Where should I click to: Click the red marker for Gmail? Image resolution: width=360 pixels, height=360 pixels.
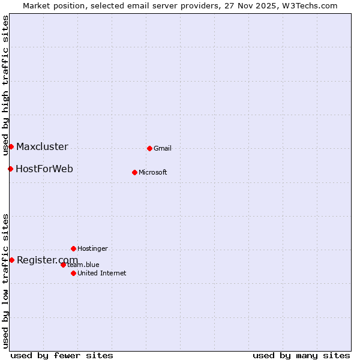149,148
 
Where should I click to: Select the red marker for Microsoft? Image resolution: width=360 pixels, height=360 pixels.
134,172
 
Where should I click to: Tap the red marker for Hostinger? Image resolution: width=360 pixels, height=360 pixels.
73,248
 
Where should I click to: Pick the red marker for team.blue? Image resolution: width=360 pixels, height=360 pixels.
63,265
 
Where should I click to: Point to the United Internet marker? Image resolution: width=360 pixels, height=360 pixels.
73,273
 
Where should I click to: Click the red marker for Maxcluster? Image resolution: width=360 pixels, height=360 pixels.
11,146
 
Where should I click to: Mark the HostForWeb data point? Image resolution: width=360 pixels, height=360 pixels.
10,169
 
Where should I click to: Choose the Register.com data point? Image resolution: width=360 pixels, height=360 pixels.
11,260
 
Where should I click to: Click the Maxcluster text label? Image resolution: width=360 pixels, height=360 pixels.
42,147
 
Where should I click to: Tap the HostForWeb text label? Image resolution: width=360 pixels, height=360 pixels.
44,169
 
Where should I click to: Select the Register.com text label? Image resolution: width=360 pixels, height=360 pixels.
47,260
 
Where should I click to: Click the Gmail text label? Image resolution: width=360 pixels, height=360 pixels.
163,149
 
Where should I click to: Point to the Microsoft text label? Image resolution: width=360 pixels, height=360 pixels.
153,173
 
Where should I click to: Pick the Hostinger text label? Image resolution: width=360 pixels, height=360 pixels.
92,249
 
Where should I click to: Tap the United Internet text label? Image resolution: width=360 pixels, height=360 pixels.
102,274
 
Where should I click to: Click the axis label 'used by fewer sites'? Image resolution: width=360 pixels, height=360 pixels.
62,355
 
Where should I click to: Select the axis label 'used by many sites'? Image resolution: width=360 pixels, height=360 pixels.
301,355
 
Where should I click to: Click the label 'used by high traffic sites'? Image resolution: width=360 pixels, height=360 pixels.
5,86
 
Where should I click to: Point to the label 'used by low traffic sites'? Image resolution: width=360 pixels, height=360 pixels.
5,281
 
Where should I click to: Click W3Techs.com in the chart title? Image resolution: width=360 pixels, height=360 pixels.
310,6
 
